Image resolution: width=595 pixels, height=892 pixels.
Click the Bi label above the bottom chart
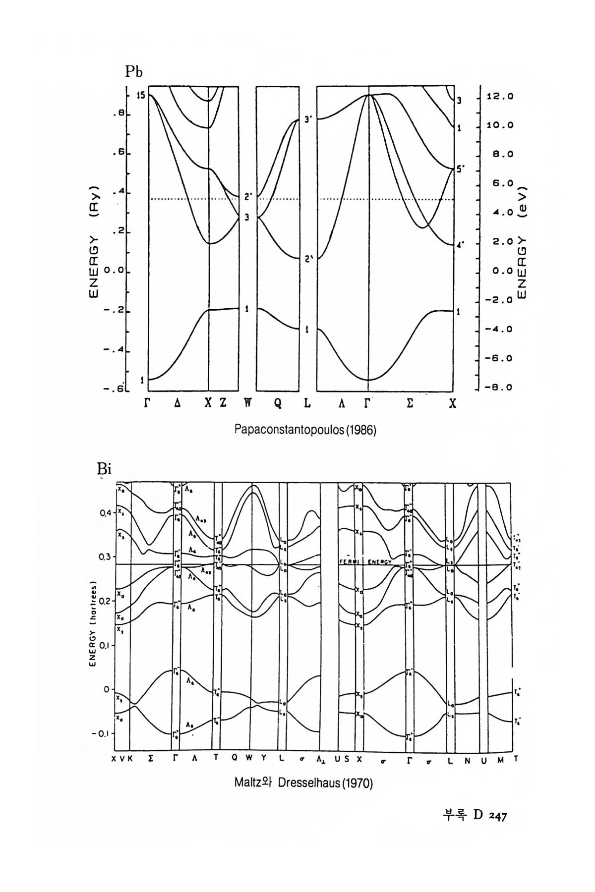tap(106, 469)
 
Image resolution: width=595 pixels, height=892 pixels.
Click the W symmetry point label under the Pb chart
tap(247, 403)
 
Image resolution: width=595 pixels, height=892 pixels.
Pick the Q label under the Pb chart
tap(278, 403)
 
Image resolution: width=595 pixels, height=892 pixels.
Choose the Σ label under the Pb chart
tap(410, 403)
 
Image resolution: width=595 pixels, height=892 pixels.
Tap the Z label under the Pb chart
tap(223, 403)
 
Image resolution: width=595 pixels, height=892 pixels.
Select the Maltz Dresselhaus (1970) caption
tap(303, 783)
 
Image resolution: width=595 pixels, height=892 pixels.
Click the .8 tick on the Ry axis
tap(120, 114)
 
